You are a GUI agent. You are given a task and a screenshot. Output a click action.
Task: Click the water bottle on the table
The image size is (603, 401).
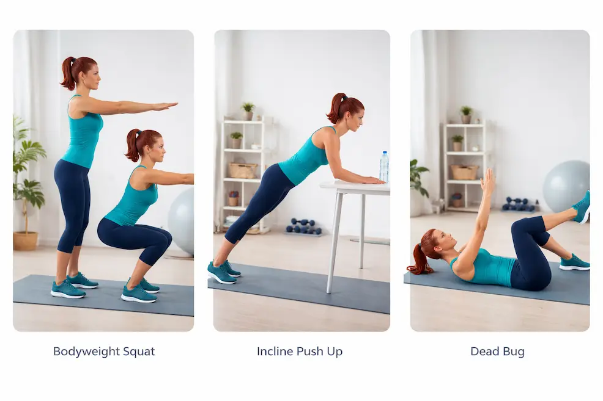(x=384, y=167)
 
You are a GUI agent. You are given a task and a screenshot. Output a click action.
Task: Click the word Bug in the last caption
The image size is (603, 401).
(x=514, y=352)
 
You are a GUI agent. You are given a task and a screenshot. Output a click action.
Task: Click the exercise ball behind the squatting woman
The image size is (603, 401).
(x=182, y=221)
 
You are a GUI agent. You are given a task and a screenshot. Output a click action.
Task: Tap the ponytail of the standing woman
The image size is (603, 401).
(x=68, y=73)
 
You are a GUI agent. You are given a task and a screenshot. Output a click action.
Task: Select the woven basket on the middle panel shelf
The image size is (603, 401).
(x=243, y=170)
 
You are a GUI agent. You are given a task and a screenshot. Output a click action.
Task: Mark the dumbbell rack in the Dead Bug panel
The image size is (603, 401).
(x=518, y=204)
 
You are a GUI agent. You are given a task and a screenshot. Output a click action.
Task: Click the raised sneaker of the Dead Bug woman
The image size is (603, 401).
(x=582, y=206)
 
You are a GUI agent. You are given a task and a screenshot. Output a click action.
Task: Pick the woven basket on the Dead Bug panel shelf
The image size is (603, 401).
(x=465, y=172)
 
